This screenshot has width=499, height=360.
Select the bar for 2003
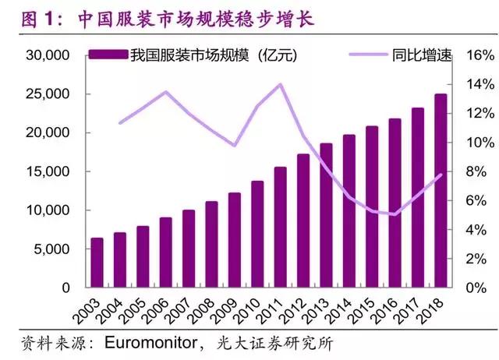pyautogui.click(x=97, y=263)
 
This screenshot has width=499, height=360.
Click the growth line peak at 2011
pyautogui.click(x=280, y=84)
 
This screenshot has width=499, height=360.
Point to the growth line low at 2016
pyautogui.click(x=395, y=214)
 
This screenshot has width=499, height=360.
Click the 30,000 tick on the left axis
pyautogui.click(x=49, y=56)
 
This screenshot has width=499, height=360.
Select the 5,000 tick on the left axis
pyautogui.click(x=52, y=249)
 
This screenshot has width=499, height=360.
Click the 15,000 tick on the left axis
pyautogui.click(x=49, y=172)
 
